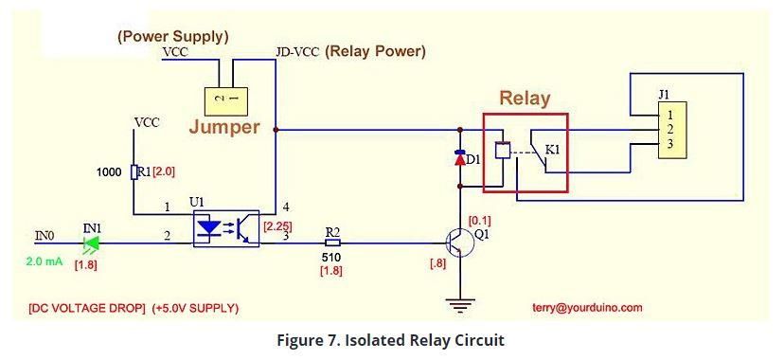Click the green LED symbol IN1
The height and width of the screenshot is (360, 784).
(x=92, y=243)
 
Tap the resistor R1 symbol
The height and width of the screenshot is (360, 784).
(x=134, y=172)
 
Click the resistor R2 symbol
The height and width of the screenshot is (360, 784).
(x=332, y=243)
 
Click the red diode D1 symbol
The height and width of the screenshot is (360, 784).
(x=459, y=157)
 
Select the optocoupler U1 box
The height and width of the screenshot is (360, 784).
(x=226, y=228)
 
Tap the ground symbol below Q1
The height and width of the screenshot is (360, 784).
(x=459, y=303)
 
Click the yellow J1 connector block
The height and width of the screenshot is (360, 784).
(x=672, y=130)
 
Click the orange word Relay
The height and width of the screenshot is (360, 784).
(x=525, y=99)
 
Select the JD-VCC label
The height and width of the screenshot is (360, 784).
(x=297, y=52)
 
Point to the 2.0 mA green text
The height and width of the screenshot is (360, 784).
(x=45, y=261)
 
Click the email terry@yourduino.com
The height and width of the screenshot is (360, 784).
(x=587, y=308)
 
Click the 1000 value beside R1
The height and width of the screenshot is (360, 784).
(x=109, y=172)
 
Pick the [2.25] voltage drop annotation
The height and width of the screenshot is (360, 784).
(x=278, y=226)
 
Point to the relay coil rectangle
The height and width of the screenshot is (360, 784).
(x=502, y=151)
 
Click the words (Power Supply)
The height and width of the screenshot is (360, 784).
(x=173, y=37)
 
